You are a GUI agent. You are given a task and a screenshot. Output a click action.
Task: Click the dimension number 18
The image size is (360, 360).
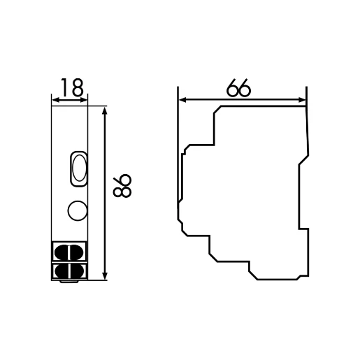click(x=70, y=87)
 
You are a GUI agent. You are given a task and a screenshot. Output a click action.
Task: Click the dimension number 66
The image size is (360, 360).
click(x=239, y=89)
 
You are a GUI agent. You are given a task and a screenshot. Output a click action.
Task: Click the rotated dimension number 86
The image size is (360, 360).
click(x=122, y=185)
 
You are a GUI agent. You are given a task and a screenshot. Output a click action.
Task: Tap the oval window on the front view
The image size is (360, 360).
click(x=77, y=169)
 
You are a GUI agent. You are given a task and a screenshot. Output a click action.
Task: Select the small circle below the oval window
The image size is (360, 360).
click(x=76, y=208)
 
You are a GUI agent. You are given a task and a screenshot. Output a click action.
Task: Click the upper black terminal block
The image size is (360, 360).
click(x=70, y=251)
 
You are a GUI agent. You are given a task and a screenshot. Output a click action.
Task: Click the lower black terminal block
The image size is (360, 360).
click(x=70, y=270)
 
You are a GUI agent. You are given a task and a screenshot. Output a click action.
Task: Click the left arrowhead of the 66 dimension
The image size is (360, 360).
click(x=181, y=100)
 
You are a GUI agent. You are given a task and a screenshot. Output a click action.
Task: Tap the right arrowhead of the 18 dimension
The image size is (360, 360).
click(x=85, y=100)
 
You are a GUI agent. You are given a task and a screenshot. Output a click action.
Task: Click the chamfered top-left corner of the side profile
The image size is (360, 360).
click(x=217, y=110)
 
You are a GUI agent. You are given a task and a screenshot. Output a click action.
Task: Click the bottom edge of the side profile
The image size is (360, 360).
click(x=275, y=279)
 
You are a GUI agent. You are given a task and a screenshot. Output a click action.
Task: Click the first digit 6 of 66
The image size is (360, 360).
click(x=233, y=89)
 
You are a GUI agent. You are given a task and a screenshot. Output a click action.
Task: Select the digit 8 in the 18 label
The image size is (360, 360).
click(x=76, y=87)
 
